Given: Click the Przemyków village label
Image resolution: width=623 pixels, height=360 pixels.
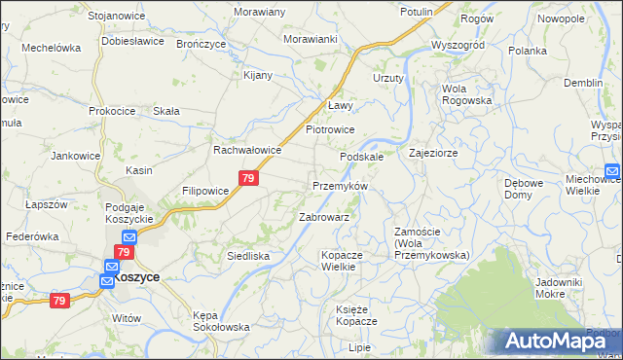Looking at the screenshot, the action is click(339, 185).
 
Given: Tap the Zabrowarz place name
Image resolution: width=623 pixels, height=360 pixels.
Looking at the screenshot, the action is click(324, 217).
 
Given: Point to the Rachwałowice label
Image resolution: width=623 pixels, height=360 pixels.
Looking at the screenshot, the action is click(247, 151).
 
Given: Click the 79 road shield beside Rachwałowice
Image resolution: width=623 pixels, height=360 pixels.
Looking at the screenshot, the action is click(248, 178).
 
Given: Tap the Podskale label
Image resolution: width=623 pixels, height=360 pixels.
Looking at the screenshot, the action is click(361, 156).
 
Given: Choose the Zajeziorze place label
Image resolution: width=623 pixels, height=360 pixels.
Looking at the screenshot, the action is click(433, 153).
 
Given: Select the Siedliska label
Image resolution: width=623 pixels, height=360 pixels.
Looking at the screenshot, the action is click(248, 256).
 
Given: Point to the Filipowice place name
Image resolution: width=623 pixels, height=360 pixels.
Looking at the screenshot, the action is click(204, 191).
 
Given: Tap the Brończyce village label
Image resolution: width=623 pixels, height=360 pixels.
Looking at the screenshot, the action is click(201, 44).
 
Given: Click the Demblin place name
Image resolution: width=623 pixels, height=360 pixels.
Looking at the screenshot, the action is click(583, 83).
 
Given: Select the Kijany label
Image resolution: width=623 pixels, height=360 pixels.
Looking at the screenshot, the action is click(258, 75).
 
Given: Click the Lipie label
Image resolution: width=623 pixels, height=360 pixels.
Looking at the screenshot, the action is click(360, 347).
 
